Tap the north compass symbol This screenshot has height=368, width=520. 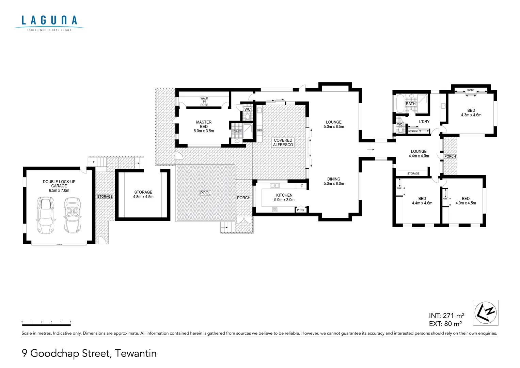(x=485, y=312)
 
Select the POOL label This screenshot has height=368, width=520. (x=205, y=193)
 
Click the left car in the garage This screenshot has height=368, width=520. (x=45, y=215)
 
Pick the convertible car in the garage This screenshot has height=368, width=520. (x=72, y=215)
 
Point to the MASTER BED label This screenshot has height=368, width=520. (x=204, y=126)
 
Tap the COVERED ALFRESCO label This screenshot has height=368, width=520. (x=283, y=142)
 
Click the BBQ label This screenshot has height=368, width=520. (x=259, y=131)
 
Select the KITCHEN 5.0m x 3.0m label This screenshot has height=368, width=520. (x=284, y=198)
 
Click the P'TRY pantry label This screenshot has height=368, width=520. (x=300, y=210)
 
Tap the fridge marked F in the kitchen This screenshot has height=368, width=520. (x=302, y=186)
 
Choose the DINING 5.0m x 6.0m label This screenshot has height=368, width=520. (x=334, y=181)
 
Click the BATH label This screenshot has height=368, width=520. (x=411, y=104)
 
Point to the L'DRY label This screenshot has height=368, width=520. (x=424, y=122)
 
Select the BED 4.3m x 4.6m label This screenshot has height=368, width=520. (x=471, y=113)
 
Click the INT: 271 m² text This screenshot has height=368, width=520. (x=446, y=316)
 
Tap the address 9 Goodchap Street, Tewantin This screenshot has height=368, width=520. (x=89, y=353)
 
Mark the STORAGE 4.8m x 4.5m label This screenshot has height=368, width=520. (x=143, y=195)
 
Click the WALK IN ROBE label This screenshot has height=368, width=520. (x=204, y=102)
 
